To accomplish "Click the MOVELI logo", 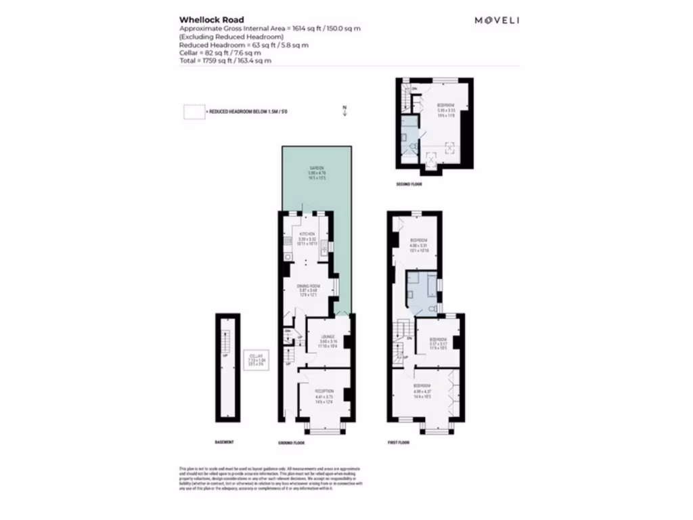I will [x=496, y=20].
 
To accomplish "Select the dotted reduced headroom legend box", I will [x=194, y=113].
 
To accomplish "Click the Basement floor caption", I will [x=224, y=443].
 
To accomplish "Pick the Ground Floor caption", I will [x=292, y=443].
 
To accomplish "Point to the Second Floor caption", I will [x=409, y=183].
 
